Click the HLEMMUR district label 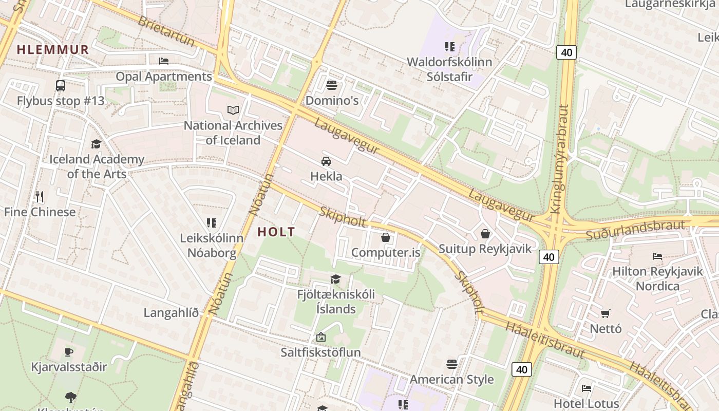[53, 50]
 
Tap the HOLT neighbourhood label [276, 232]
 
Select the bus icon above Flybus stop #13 [61, 86]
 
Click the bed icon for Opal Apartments [164, 61]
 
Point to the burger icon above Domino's [332, 85]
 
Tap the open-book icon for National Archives [233, 110]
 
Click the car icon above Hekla [326, 161]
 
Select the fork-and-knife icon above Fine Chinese [40, 196]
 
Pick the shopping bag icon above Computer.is [386, 237]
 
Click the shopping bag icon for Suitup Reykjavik [485, 234]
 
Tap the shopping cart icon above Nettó [606, 313]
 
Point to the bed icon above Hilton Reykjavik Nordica [657, 256]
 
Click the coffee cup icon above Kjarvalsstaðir [69, 352]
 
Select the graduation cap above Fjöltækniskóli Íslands [336, 279]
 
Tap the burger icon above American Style [452, 364]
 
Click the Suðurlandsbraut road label [636, 230]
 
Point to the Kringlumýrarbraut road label [560, 159]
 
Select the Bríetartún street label [166, 31]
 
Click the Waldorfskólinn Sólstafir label [449, 69]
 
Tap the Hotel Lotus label [586, 403]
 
